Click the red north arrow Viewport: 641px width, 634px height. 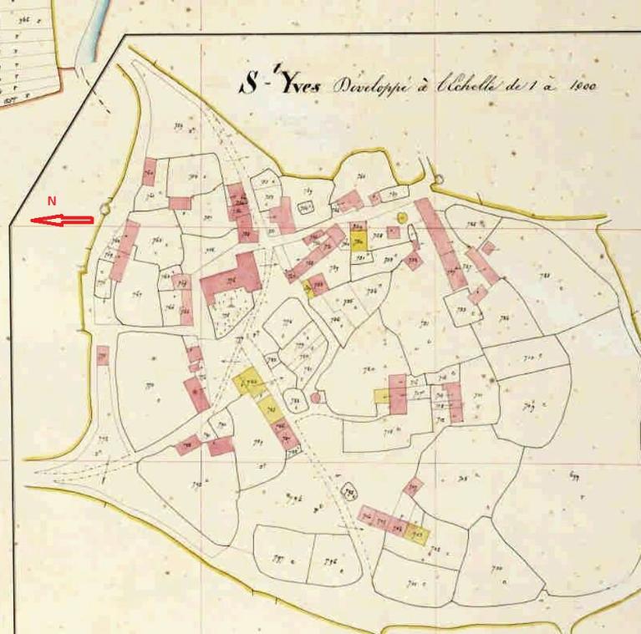pyautogui.click(x=63, y=221)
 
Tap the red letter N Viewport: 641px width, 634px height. pyautogui.click(x=51, y=201)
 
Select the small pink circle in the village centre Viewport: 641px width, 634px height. pyautogui.click(x=315, y=398)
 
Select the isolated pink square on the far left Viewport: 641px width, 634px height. pyautogui.click(x=102, y=355)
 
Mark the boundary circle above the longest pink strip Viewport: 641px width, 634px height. pyautogui.click(x=437, y=179)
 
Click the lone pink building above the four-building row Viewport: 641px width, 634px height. pyautogui.click(x=413, y=487)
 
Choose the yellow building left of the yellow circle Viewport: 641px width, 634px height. pyautogui.click(x=359, y=239)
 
